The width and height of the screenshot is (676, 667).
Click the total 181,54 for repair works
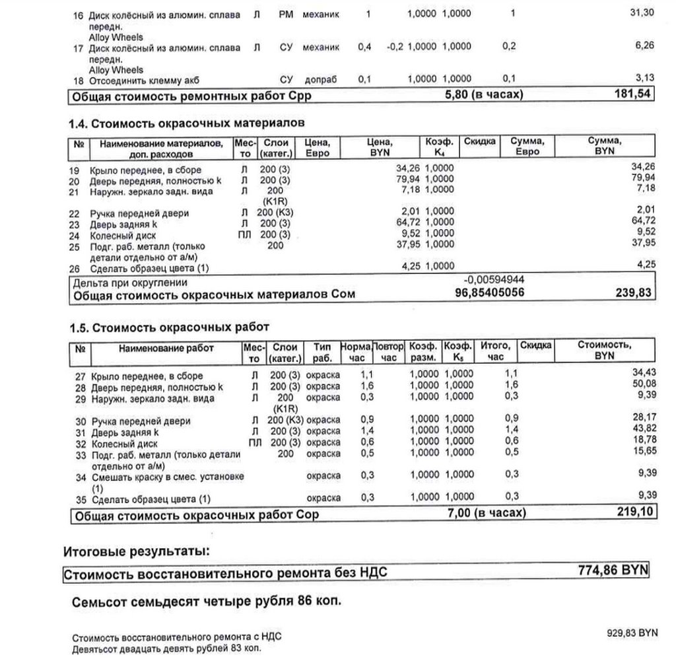click(x=632, y=94)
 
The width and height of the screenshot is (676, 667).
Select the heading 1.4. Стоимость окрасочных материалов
click(x=187, y=123)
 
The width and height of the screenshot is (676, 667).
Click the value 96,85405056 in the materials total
click(x=489, y=292)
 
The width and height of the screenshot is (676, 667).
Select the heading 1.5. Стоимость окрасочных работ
click(x=170, y=328)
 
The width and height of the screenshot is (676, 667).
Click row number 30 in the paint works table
click(x=81, y=421)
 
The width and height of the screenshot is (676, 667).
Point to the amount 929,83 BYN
click(x=632, y=633)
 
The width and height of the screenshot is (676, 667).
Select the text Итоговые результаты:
click(x=137, y=551)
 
